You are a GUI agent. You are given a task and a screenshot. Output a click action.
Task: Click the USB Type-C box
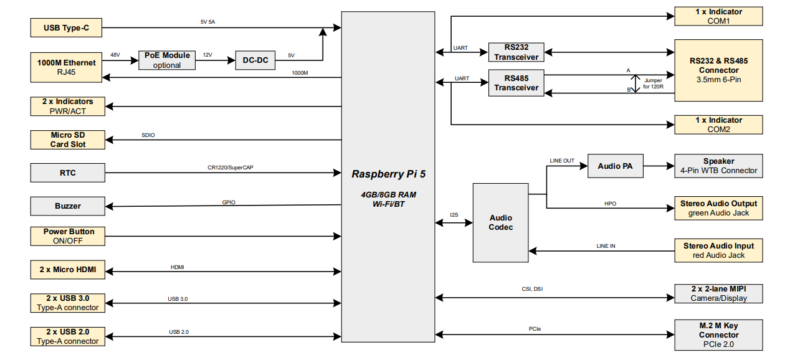point(66,28)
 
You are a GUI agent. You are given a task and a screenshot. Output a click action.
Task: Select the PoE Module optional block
point(167,60)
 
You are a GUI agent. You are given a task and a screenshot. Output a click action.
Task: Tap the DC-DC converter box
point(255,60)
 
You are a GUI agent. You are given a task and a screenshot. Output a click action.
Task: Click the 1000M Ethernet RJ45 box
point(66,67)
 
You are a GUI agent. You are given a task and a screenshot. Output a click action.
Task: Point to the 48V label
point(115,55)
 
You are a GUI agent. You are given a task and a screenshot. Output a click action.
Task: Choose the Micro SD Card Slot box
point(68,140)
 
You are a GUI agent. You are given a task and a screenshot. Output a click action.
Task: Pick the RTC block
point(68,173)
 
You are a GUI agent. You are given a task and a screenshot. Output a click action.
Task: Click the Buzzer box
point(68,206)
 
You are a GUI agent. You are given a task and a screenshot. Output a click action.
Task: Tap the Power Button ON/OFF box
point(68,236)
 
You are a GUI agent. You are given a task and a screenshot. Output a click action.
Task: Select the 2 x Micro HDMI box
point(68,270)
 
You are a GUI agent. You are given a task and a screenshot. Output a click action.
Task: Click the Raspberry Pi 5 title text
point(389,174)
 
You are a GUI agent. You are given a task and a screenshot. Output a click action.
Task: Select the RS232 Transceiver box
point(516,52)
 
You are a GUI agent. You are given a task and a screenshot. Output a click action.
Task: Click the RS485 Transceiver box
point(516,83)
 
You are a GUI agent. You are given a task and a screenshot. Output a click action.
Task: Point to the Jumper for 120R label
point(653,83)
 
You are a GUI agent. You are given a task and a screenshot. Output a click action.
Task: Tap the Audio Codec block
point(500,222)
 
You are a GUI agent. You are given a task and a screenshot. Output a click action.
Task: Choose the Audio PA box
point(615,166)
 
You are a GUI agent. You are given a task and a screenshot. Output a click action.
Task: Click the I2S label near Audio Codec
point(454,215)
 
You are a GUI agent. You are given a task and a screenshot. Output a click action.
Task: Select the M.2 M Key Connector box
point(718,335)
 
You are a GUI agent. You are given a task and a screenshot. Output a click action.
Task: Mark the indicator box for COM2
point(718,125)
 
